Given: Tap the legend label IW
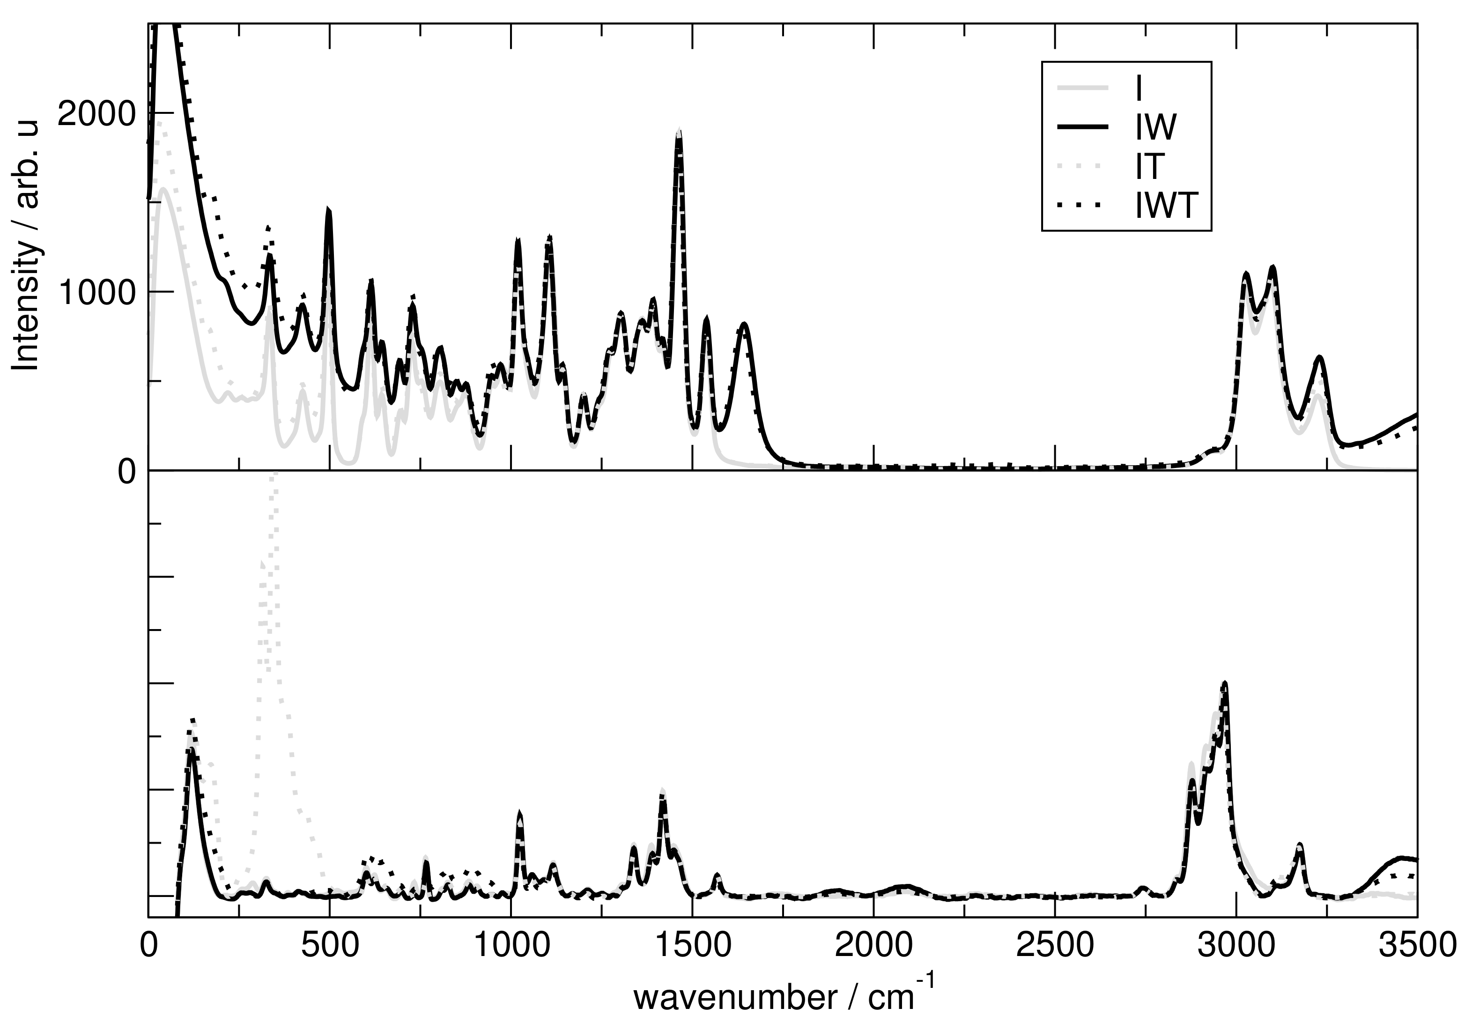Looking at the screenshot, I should [x=1155, y=127].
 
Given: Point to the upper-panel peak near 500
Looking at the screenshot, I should [x=329, y=211].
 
